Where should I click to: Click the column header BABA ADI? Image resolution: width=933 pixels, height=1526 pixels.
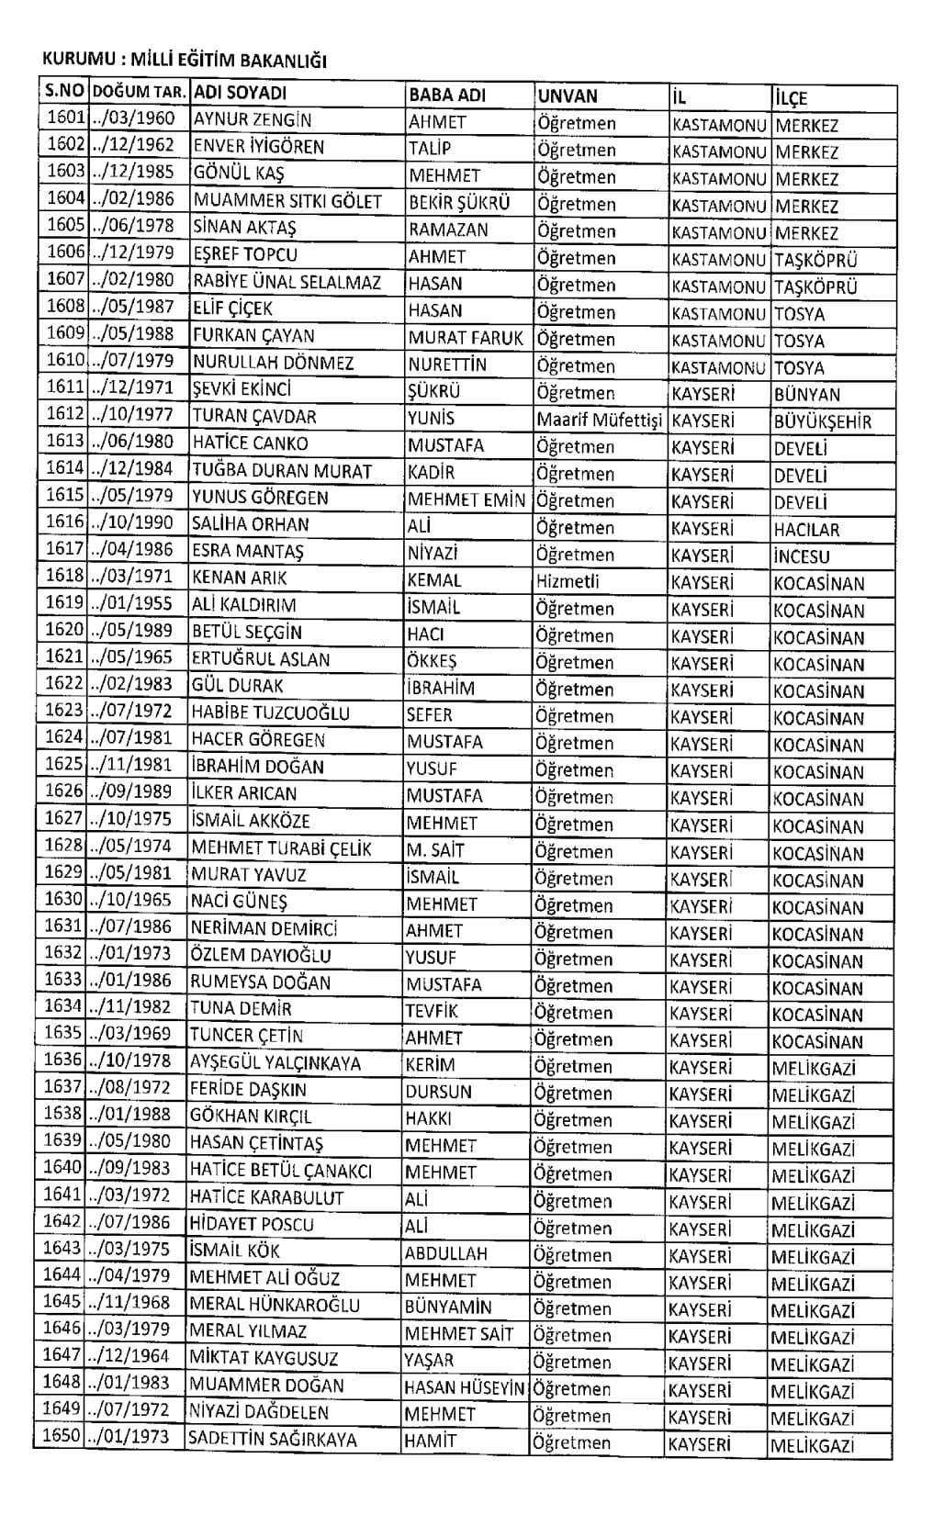click(x=447, y=95)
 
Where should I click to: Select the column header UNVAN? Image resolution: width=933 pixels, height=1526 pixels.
click(x=568, y=96)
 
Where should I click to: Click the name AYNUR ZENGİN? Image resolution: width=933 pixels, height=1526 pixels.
click(x=252, y=120)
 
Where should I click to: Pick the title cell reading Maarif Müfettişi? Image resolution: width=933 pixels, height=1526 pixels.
click(x=599, y=421)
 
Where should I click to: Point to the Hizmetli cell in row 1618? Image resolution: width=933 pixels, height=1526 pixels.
click(x=568, y=581)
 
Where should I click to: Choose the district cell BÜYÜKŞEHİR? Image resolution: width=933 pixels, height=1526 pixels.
click(x=822, y=422)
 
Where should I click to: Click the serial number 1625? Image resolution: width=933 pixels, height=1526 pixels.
click(x=64, y=764)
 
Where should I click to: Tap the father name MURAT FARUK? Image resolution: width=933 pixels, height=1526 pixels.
click(x=466, y=338)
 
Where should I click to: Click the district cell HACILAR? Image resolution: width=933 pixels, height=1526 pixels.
click(x=806, y=530)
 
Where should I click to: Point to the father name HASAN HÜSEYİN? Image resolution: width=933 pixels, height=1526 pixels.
click(x=465, y=1389)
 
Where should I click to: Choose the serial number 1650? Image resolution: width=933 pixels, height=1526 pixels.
click(x=62, y=1436)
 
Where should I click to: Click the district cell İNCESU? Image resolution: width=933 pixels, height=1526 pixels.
click(x=801, y=556)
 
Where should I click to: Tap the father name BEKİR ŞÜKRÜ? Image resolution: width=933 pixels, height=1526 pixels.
click(x=459, y=203)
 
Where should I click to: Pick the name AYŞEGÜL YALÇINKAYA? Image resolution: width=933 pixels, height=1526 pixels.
click(x=275, y=1063)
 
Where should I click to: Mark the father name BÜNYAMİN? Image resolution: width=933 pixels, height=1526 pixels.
click(x=448, y=1307)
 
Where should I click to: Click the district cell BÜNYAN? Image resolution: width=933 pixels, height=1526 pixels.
click(x=806, y=395)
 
